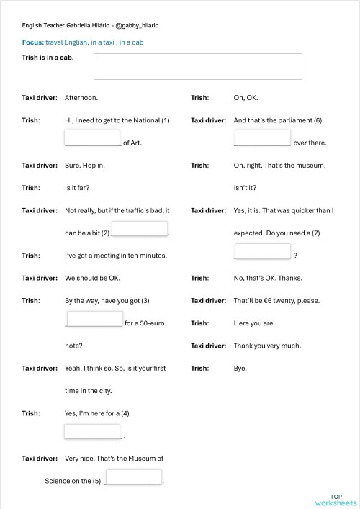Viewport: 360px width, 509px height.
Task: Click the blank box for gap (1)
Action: point(92,138)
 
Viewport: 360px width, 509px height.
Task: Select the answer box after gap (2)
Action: point(140,229)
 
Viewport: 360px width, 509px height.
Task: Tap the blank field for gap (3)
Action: point(94,319)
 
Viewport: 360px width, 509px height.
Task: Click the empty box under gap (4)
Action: point(92,431)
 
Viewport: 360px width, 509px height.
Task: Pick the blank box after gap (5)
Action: point(133,477)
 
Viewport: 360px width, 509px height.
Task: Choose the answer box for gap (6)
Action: point(263,138)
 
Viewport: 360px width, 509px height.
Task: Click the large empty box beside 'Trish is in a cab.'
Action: point(197,66)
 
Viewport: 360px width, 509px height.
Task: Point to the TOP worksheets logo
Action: point(336,499)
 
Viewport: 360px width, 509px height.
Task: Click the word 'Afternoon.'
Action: point(81,97)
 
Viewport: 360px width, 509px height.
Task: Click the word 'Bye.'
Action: point(240,368)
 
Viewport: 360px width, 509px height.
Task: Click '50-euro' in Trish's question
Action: point(151,323)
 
